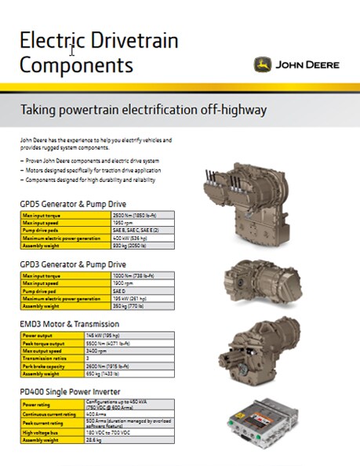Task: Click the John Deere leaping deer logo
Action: tap(263, 64)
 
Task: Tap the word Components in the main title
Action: tap(76, 64)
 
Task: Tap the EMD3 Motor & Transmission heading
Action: tap(70, 323)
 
